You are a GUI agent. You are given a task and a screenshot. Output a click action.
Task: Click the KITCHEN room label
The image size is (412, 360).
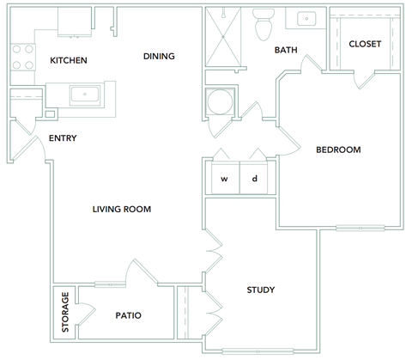coord(68,60)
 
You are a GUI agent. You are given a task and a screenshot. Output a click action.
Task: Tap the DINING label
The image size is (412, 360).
coord(159,57)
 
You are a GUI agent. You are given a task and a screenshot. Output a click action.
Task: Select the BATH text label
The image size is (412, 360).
coord(285,51)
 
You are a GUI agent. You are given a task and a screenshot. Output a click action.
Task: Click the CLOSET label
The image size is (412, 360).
coord(365,44)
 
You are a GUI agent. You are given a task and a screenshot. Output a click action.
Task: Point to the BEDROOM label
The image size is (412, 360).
coord(338,149)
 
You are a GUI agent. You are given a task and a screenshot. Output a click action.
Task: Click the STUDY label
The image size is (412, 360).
coord(260,290)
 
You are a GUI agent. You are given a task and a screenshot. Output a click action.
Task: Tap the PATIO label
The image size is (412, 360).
coord(128,315)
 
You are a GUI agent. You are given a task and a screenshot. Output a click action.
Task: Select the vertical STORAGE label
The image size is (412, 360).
coord(65,313)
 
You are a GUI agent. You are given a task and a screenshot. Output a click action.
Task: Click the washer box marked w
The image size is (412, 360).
coord(225,180)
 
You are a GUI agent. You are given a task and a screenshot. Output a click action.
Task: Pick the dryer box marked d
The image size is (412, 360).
coord(255,180)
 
